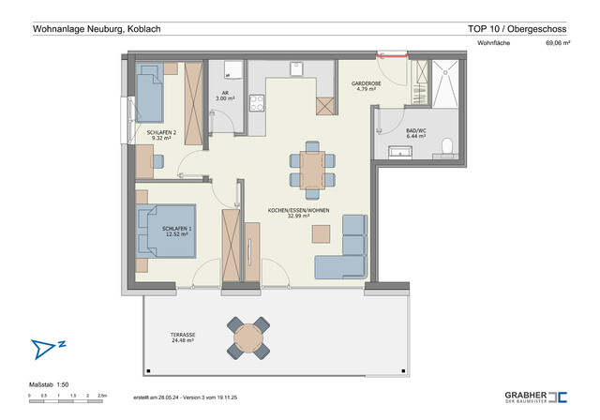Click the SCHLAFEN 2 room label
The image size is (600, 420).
pyautogui.click(x=161, y=135)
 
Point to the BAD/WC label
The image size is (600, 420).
pyautogui.click(x=416, y=133)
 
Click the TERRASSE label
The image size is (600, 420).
pyautogui.click(x=183, y=337)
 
